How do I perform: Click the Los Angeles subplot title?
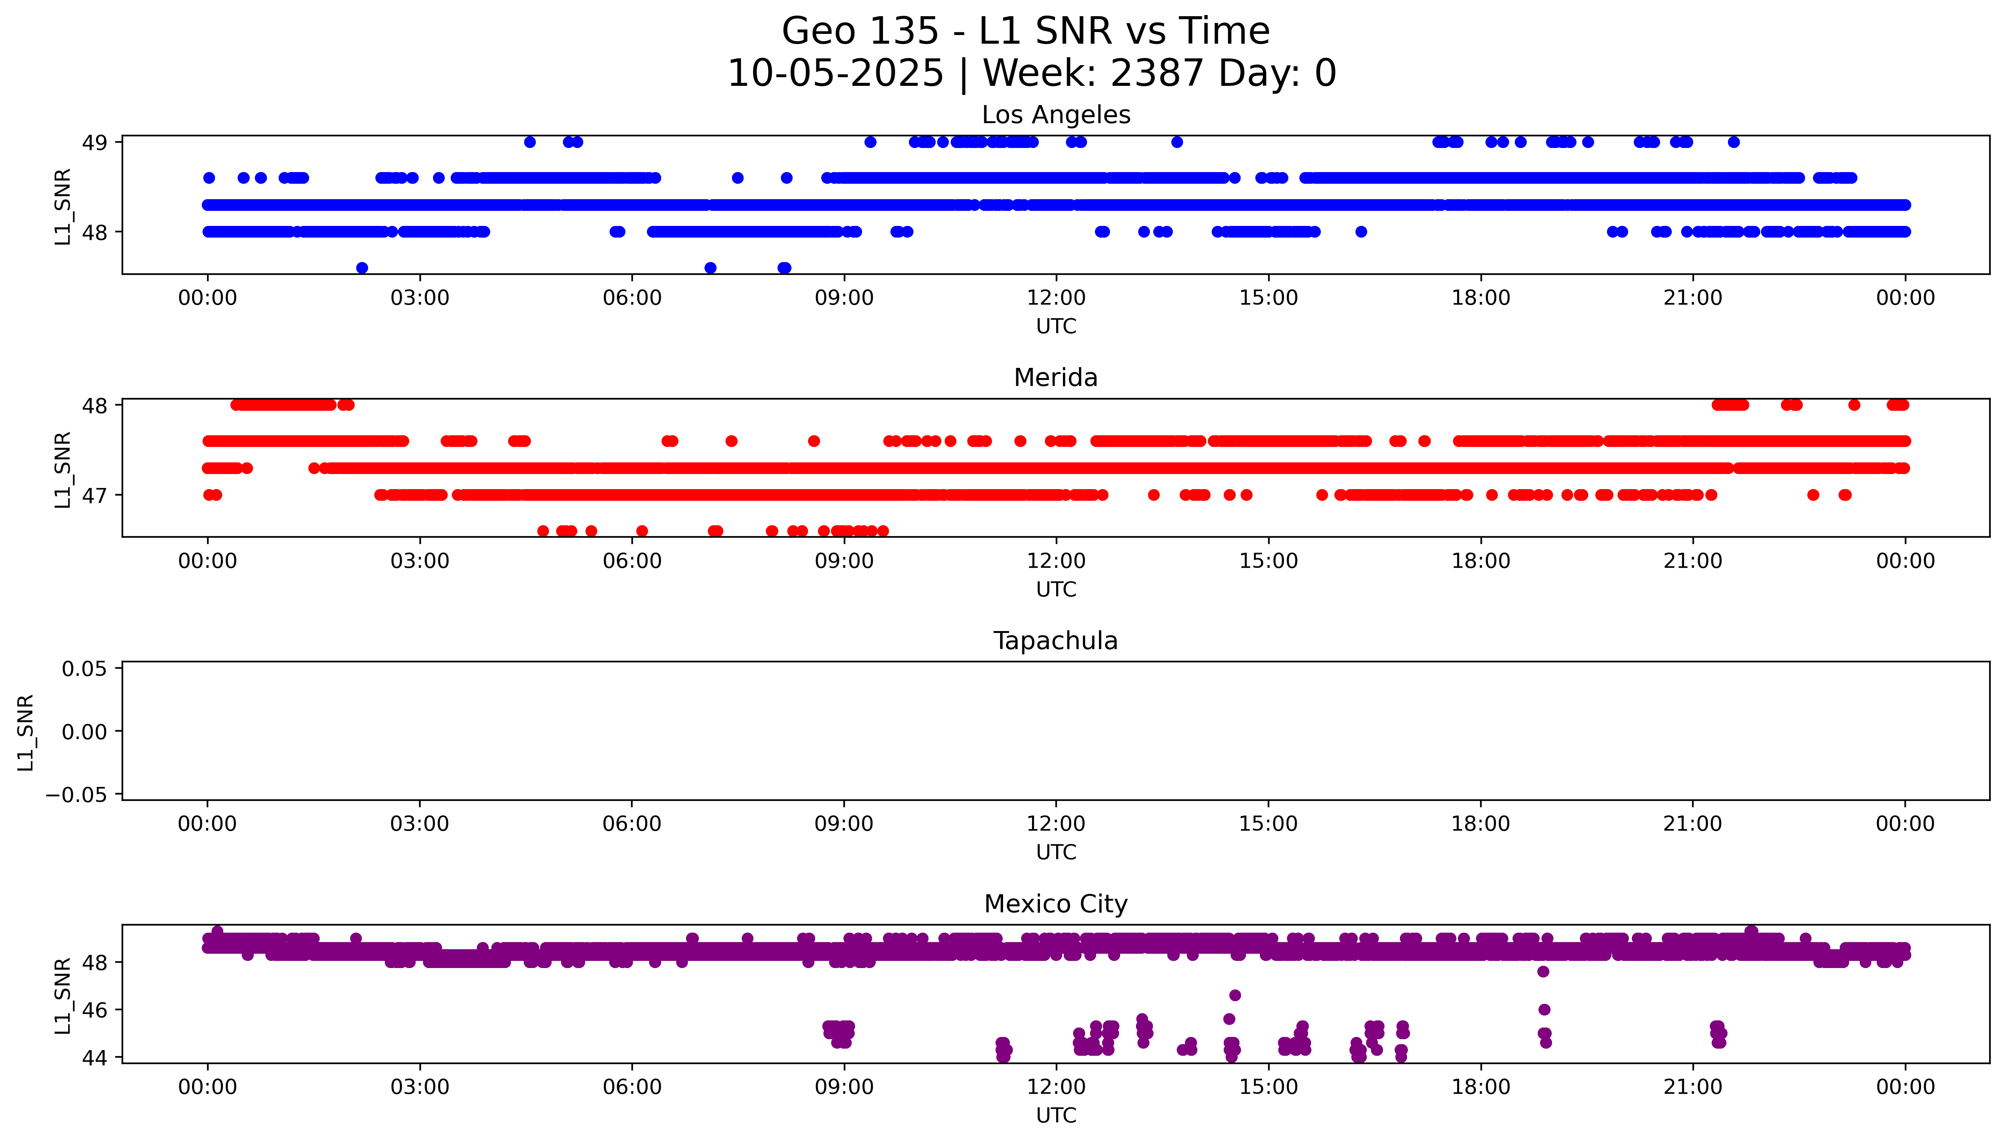click(1055, 115)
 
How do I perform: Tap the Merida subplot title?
click(1055, 378)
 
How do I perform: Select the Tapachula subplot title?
click(1055, 641)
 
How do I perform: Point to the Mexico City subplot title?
click(1055, 904)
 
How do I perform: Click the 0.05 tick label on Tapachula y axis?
click(85, 669)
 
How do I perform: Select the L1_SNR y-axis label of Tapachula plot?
click(26, 732)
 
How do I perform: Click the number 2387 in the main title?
click(1157, 74)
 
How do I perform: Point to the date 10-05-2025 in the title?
click(835, 74)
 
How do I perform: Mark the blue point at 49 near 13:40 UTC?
click(1176, 142)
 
